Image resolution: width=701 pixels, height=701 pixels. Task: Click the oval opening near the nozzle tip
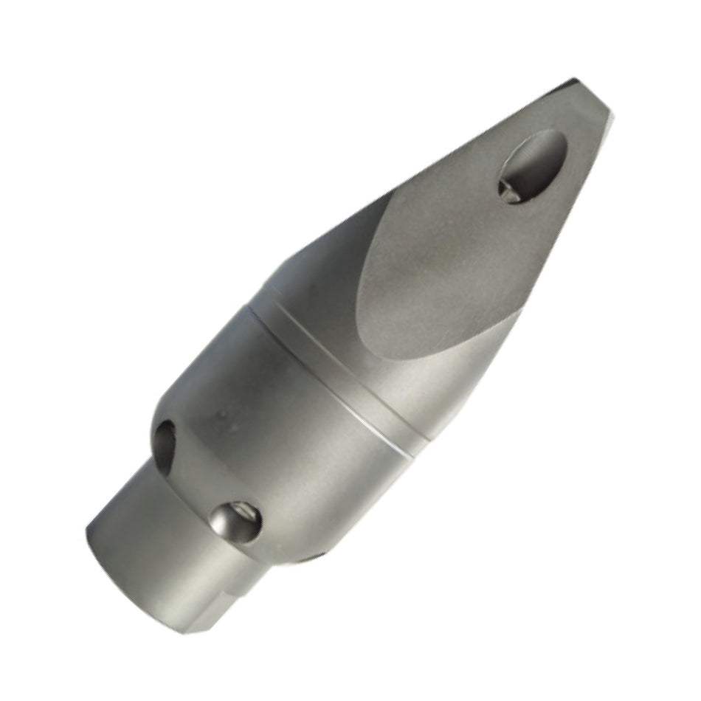[x=533, y=166]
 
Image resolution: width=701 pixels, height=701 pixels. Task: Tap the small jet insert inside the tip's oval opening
[x=510, y=190]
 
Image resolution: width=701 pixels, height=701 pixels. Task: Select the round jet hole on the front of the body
[x=235, y=522]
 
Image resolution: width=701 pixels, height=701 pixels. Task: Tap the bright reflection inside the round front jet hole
[x=221, y=525]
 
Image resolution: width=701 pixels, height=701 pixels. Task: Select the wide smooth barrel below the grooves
[x=295, y=443]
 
